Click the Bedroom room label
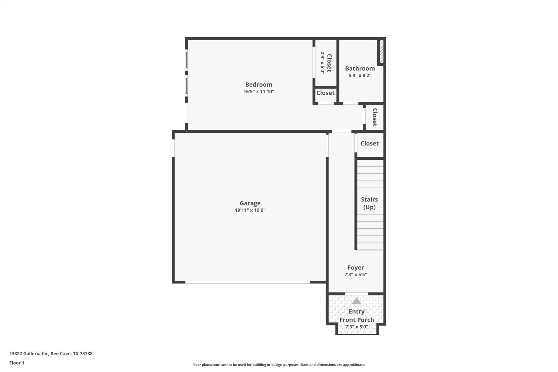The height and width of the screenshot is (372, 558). click(x=259, y=84)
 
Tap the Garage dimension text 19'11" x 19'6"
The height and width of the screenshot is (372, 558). click(x=250, y=210)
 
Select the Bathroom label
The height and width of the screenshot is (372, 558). click(x=360, y=68)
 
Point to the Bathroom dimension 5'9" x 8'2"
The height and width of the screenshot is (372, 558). click(x=360, y=75)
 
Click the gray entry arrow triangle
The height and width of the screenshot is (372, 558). click(x=356, y=301)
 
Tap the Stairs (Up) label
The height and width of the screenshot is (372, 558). click(x=369, y=203)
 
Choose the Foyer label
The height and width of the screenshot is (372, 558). click(x=356, y=268)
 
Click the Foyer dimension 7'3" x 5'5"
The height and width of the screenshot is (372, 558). click(x=356, y=275)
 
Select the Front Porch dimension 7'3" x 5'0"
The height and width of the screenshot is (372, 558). click(x=357, y=327)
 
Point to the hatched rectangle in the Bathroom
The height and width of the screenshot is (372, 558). click(x=381, y=52)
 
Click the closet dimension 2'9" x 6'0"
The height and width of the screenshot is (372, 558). click(x=322, y=63)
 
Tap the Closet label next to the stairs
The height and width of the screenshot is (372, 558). click(x=369, y=143)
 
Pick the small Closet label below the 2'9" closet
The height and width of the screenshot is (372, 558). click(x=325, y=93)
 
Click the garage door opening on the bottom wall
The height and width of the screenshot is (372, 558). click(x=248, y=282)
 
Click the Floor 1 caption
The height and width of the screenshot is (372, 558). click(x=17, y=363)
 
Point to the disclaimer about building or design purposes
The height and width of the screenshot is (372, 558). click(x=279, y=365)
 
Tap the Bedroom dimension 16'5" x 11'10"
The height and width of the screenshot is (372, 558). click(x=259, y=92)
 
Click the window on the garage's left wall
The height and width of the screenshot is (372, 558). click(x=173, y=148)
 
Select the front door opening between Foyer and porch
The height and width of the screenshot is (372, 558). click(x=356, y=294)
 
